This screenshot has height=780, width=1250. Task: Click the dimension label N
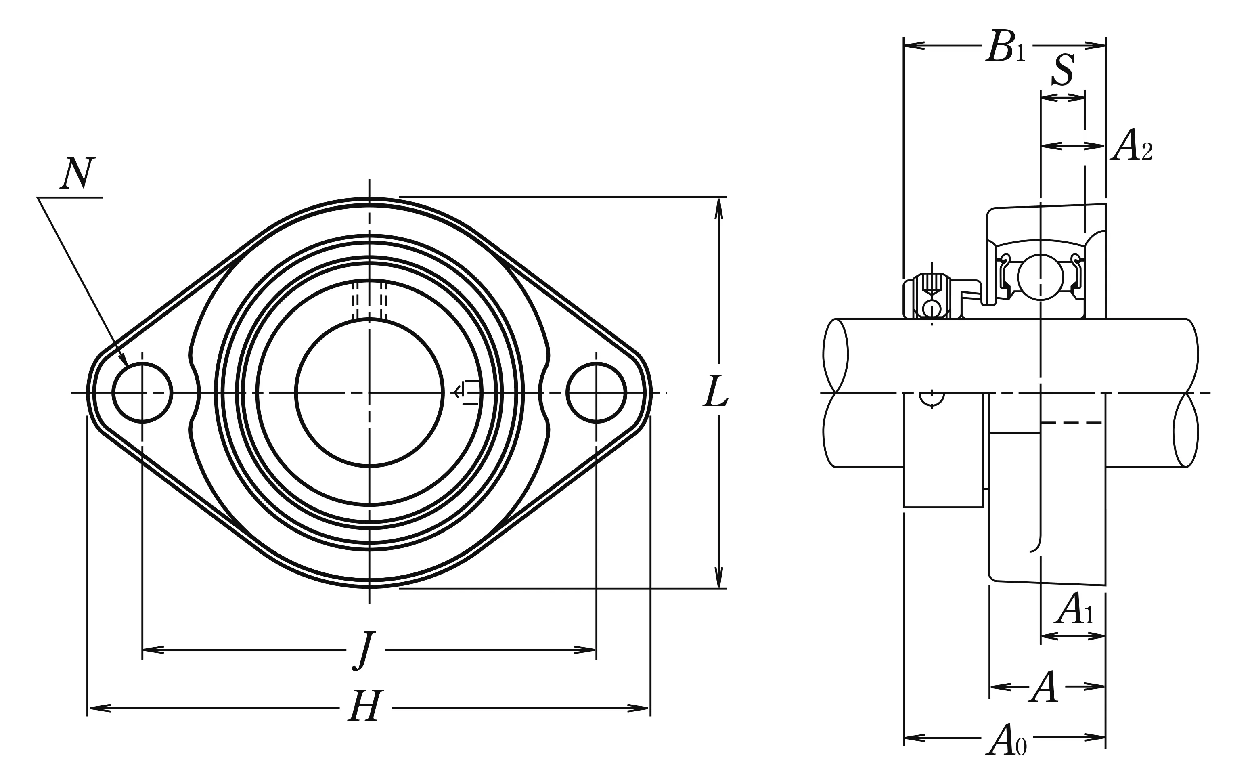point(77,174)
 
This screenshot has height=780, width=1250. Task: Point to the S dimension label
point(1063,71)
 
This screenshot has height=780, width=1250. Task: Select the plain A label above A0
point(1043,687)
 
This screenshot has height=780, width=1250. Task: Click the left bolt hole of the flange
point(142,392)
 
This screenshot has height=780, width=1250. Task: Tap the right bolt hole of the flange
point(596,392)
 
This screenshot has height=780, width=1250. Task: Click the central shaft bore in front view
point(369,392)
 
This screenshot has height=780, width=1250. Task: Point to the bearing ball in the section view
point(1040,277)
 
